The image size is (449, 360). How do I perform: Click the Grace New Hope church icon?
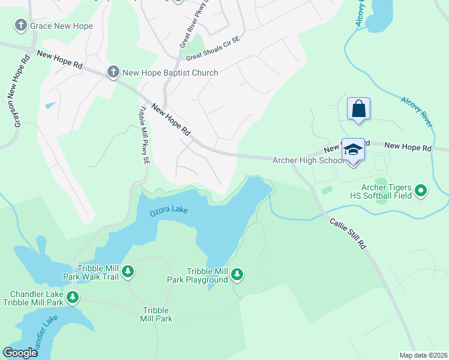click(21, 25)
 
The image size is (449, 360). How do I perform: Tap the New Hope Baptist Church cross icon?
click(112, 73)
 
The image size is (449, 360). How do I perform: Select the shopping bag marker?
click(358, 109)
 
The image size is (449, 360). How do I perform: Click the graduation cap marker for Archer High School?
click(353, 150)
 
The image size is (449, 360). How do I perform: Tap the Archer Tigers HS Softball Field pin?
click(421, 191)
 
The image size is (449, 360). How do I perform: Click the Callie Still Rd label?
click(348, 233)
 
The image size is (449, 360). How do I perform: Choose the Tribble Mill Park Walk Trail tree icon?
click(127, 272)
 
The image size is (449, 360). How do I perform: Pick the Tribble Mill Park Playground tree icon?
click(238, 275)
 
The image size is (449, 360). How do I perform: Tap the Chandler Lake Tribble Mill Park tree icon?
click(73, 296)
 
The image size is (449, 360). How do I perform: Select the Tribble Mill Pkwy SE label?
click(143, 136)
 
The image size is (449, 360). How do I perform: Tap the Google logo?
click(20, 353)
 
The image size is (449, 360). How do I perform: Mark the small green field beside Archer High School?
click(327, 190)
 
